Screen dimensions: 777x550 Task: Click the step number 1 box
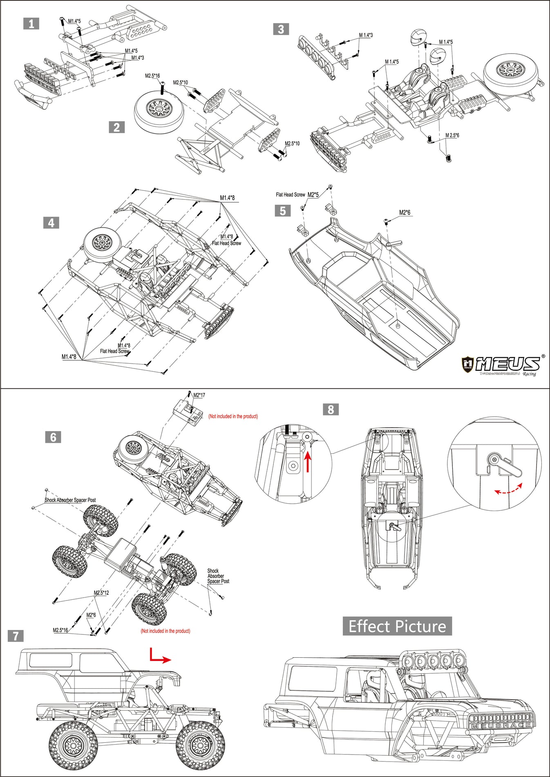[x=31, y=24]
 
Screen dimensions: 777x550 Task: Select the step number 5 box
[x=282, y=211]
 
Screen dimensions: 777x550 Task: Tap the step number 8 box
[x=331, y=409]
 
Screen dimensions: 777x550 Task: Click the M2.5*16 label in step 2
[x=152, y=76]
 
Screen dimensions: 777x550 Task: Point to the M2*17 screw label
[x=199, y=395]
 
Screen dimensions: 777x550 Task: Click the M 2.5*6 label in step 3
[x=452, y=135]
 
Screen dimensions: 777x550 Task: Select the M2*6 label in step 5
[x=405, y=212]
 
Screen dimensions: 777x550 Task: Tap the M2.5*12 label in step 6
[x=101, y=593]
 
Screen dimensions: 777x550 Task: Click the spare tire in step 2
[x=157, y=108]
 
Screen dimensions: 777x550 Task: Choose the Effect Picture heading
[x=397, y=626]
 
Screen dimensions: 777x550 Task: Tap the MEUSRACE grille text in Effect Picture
[x=501, y=726]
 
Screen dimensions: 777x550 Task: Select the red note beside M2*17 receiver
[x=233, y=416]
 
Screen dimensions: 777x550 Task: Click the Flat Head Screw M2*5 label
[x=297, y=195]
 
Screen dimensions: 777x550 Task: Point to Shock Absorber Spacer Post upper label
[x=70, y=500]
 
